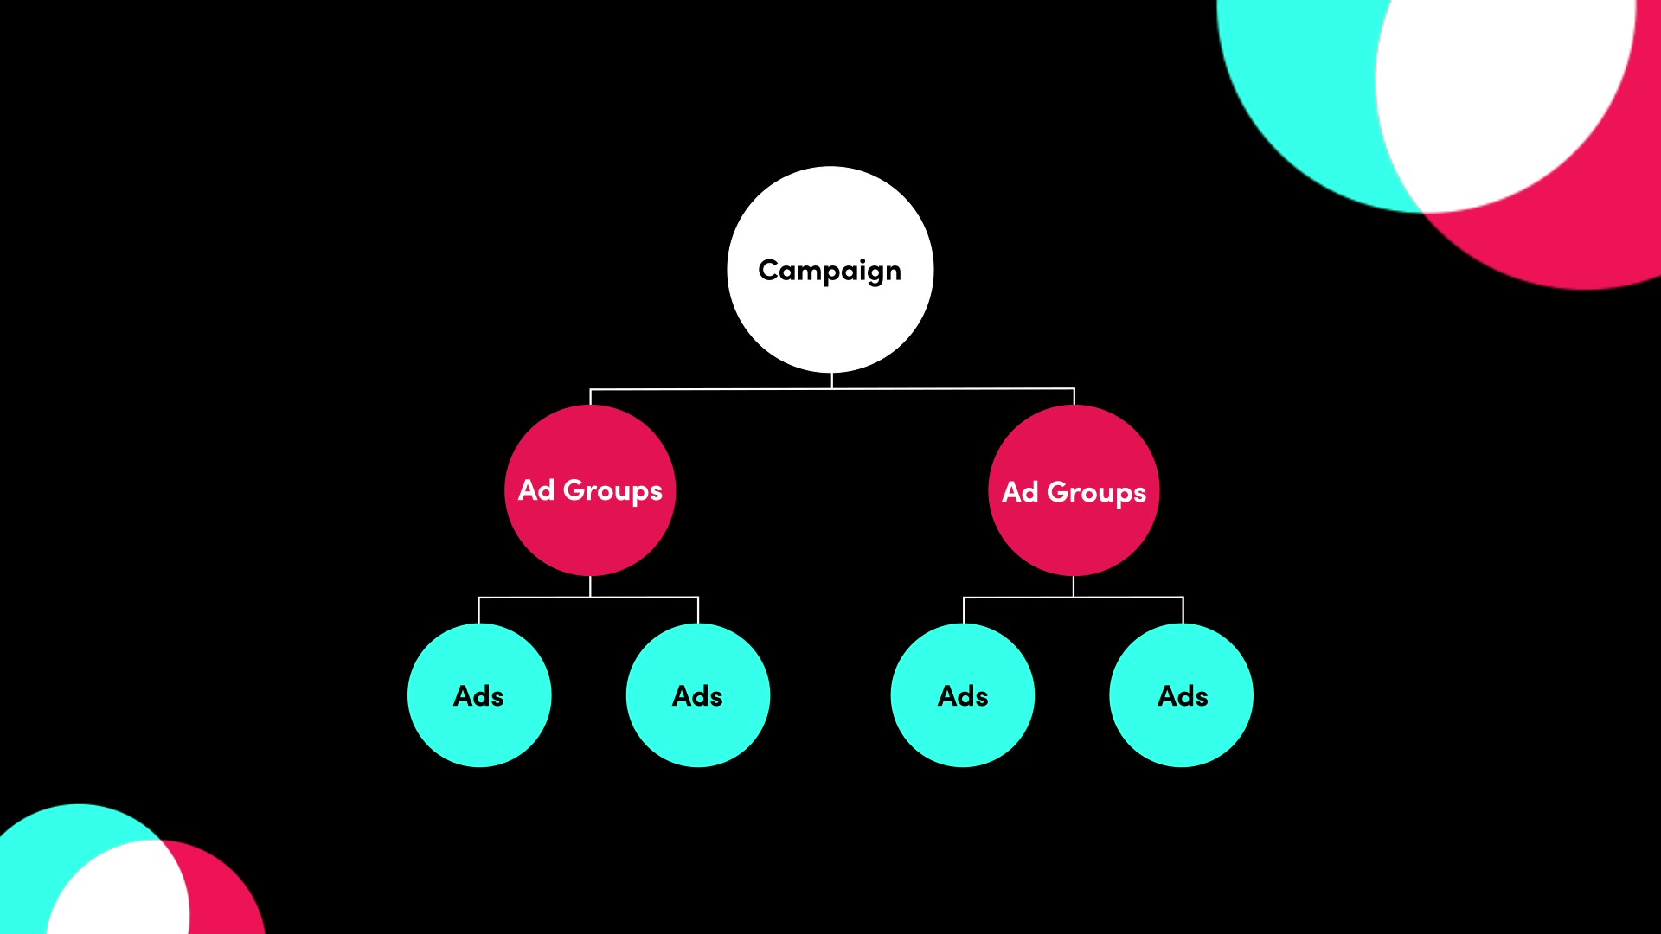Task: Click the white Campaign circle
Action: click(830, 270)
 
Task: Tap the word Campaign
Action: click(830, 272)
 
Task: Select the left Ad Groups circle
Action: click(590, 490)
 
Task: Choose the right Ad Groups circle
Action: click(1074, 490)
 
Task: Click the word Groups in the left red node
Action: click(612, 491)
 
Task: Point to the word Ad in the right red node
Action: click(1020, 492)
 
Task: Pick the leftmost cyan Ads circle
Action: click(479, 695)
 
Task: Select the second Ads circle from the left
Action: click(698, 695)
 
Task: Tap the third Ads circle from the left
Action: click(963, 695)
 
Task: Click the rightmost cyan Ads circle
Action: click(1182, 695)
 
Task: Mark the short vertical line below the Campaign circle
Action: click(831, 381)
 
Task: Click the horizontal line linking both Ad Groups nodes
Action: click(832, 389)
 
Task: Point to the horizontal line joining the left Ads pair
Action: click(588, 598)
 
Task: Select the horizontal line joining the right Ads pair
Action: click(1073, 598)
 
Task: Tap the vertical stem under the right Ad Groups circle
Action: click(1074, 586)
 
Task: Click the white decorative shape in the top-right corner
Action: click(1505, 95)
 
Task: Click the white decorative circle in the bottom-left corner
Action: click(117, 891)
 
